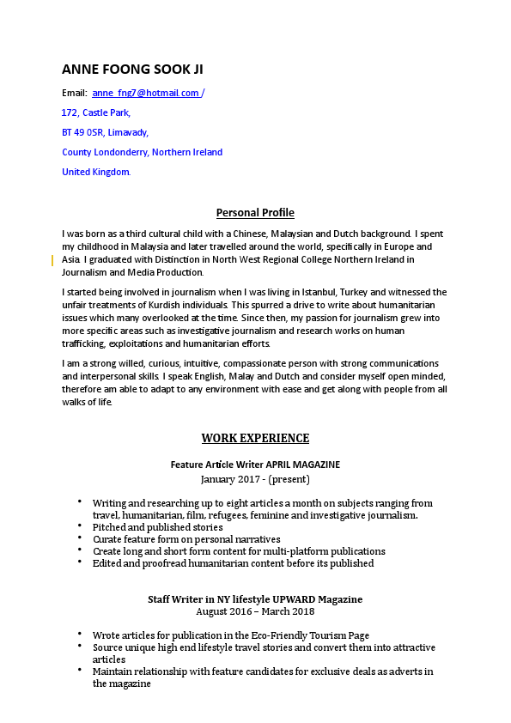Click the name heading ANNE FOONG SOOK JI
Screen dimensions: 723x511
click(x=132, y=70)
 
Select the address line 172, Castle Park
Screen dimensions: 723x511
click(x=96, y=112)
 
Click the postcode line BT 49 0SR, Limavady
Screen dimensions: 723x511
click(x=105, y=132)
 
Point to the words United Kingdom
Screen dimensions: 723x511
click(x=96, y=172)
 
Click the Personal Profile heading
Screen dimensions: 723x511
click(x=255, y=213)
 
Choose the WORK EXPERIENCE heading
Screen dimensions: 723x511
click(x=255, y=438)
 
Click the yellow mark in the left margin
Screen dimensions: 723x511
click(x=52, y=259)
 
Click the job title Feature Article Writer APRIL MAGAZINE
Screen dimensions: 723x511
click(x=255, y=465)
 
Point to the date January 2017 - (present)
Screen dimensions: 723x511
click(x=255, y=478)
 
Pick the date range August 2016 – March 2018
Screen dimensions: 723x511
click(x=255, y=611)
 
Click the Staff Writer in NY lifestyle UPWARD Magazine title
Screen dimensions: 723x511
click(x=255, y=598)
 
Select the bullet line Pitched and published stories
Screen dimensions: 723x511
click(x=157, y=526)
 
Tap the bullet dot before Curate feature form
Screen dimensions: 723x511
click(x=80, y=537)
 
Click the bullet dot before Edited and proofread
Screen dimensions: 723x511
click(x=80, y=562)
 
